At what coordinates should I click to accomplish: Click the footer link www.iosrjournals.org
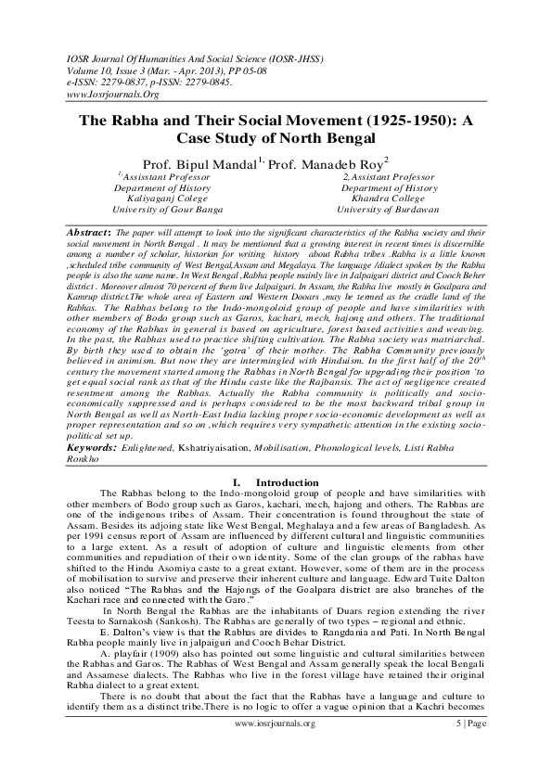276,747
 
